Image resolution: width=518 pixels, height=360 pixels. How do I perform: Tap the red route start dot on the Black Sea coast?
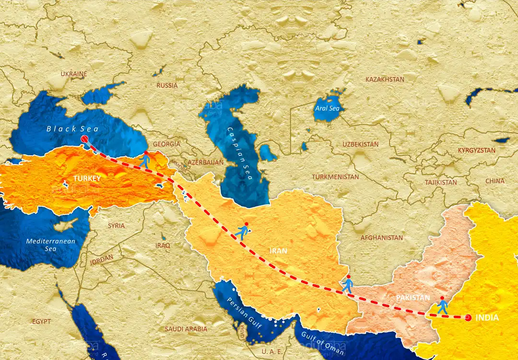85,139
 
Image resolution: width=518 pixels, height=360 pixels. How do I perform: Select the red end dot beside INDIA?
468,317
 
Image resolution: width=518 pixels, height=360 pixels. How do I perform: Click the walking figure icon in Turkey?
145,159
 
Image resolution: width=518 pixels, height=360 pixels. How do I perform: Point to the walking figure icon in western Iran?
243,232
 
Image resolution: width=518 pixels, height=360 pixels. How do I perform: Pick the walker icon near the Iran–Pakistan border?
348,285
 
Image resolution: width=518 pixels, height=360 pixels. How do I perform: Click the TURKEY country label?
87,178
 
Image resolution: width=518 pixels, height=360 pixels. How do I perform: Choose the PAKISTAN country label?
413,298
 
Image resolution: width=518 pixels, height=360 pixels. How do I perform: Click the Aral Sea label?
327,109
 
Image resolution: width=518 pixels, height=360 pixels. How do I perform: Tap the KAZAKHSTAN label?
385,79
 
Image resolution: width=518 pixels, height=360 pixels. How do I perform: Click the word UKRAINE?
74,74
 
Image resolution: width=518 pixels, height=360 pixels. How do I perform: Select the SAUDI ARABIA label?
186,329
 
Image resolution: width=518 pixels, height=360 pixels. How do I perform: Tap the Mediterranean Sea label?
51,245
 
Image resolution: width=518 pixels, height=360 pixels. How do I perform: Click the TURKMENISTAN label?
335,177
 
